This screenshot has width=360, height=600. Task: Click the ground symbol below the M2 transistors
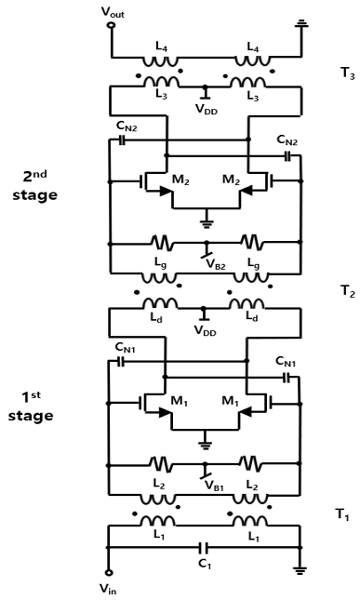pos(206,222)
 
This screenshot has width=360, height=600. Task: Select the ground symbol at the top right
pos(300,22)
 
